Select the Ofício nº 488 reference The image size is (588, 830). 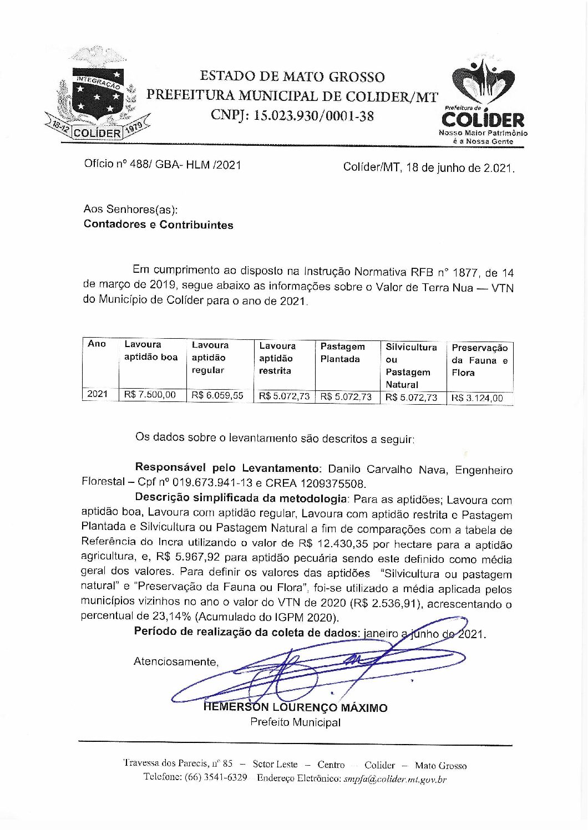tap(163, 164)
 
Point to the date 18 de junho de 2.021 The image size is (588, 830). tap(460, 167)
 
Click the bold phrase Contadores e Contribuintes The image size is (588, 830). tap(158, 225)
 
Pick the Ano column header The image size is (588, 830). tap(97, 344)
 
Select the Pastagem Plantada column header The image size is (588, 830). tap(342, 353)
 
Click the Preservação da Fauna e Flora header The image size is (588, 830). tap(479, 360)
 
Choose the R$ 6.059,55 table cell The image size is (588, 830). tap(217, 395)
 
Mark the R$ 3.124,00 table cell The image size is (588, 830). tap(477, 398)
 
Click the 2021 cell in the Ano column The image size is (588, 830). tap(97, 394)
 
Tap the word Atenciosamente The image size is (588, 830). tap(176, 661)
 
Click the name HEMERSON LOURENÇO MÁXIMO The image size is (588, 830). tap(295, 708)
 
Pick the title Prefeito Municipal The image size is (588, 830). tap(295, 722)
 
